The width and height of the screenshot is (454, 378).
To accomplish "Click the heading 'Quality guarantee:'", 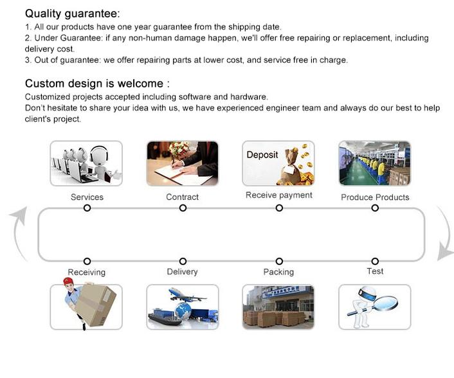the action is tap(72, 14).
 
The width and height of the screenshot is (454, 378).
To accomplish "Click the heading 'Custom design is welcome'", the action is tap(94, 84).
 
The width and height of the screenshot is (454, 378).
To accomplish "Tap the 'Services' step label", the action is tap(87, 197).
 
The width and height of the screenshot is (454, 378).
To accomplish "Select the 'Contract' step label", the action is tap(183, 197).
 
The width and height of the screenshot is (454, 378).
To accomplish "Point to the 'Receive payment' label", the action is tap(279, 195).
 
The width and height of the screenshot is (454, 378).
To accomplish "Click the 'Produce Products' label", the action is tap(375, 197).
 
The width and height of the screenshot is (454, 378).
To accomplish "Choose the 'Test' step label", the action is tap(375, 271).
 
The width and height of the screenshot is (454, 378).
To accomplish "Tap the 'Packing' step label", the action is tap(278, 272).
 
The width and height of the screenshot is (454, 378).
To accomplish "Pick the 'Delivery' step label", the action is tap(183, 272).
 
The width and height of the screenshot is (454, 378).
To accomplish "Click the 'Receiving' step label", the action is tap(87, 273).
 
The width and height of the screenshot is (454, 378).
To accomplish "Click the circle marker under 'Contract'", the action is tap(183, 208).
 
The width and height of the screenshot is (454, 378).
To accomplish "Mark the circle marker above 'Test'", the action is tap(375, 262).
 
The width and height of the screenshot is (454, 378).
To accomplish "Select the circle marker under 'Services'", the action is tap(87, 208).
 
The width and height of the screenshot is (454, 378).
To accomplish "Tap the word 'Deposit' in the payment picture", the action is tap(262, 155).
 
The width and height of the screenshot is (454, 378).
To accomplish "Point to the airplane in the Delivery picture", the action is tap(186, 295).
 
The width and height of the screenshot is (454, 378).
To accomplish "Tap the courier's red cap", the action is tap(68, 281).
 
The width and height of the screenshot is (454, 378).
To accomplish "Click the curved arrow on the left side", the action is tap(16, 233).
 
